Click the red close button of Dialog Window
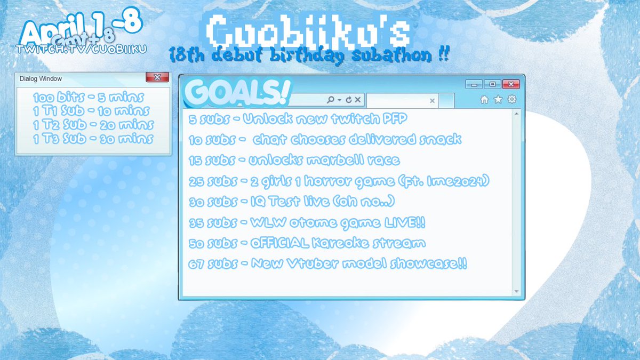[x=157, y=78]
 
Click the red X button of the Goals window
[x=511, y=84]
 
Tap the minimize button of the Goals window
[x=474, y=84]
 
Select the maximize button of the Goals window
[x=492, y=84]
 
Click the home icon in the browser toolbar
[x=484, y=99]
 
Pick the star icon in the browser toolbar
[x=498, y=99]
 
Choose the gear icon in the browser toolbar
[x=512, y=99]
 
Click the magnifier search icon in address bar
[x=331, y=100]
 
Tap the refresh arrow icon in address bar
[x=349, y=100]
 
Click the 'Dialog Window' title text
[x=41, y=78]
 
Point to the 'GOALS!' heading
[x=237, y=93]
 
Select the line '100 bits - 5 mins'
[x=89, y=98]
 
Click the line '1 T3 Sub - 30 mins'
[x=92, y=139]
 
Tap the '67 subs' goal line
[x=327, y=264]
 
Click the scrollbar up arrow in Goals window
[x=516, y=113]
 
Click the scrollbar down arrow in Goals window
[x=516, y=291]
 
